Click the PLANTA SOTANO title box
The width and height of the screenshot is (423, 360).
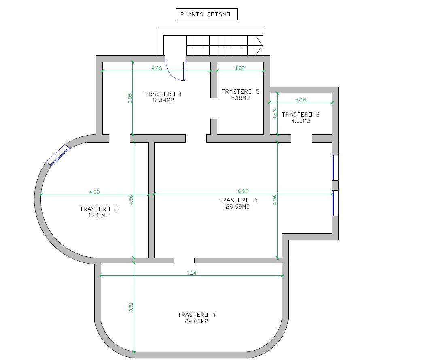(x=207, y=14)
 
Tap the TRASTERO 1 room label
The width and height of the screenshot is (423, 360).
(x=164, y=94)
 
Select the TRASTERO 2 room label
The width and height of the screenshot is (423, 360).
(x=99, y=209)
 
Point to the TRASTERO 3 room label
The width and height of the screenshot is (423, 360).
(x=238, y=200)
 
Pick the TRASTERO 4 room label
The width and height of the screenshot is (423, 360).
(x=197, y=315)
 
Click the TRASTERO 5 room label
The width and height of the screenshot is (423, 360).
(x=240, y=92)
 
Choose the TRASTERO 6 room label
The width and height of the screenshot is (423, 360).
(x=301, y=115)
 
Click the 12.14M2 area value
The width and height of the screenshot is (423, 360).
(x=163, y=100)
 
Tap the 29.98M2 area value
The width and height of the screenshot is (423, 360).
(x=238, y=207)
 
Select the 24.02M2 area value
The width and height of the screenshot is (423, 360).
(x=196, y=321)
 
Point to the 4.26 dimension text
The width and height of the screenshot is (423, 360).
(x=157, y=68)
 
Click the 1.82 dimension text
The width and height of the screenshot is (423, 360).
(x=240, y=68)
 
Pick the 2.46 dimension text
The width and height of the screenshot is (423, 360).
(x=301, y=100)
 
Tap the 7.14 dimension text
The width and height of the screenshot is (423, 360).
(x=191, y=273)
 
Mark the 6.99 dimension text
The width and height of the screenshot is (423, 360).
(x=243, y=191)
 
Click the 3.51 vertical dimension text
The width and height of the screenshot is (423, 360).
(x=131, y=307)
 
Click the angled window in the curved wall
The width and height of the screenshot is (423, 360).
(x=58, y=155)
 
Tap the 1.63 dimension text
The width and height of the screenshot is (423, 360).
(x=275, y=114)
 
